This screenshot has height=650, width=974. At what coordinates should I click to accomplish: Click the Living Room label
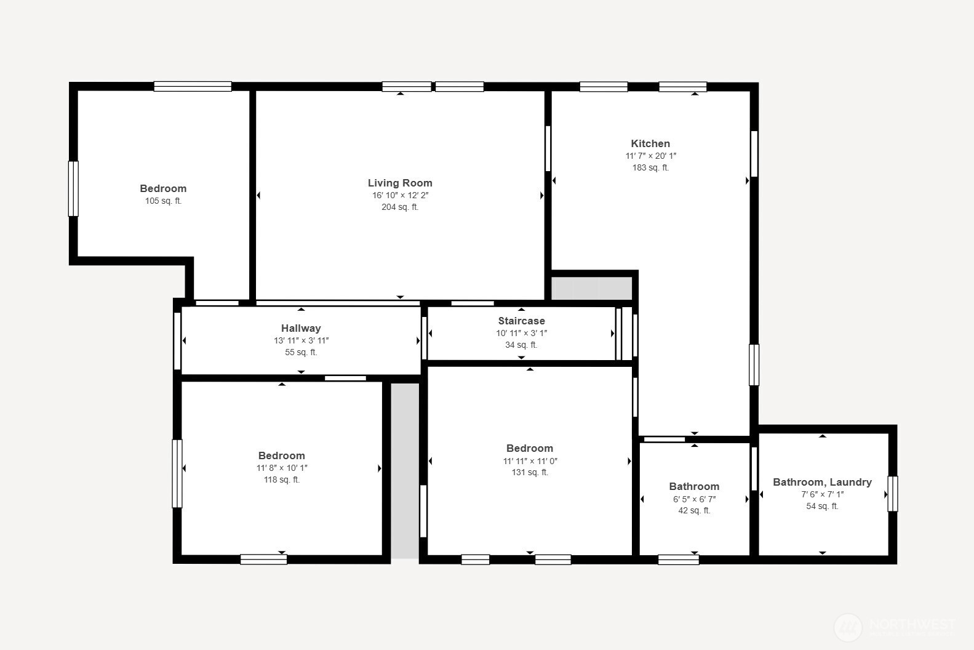tap(400, 183)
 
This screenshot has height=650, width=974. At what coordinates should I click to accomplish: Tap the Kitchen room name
tap(650, 143)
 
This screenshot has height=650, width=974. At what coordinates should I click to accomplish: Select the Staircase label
tap(521, 321)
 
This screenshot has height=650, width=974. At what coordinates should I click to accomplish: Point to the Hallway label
tap(301, 328)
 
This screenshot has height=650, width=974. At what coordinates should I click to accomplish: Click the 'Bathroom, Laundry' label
tap(822, 482)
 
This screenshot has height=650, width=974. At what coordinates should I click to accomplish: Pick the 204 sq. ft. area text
tap(400, 207)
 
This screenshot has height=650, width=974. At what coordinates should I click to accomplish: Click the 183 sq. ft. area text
tap(650, 167)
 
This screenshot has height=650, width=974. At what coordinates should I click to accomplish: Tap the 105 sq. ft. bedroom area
tap(163, 201)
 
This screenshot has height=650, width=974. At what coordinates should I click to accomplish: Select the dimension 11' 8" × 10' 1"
tap(282, 468)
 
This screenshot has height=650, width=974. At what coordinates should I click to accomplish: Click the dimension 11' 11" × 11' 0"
tap(530, 461)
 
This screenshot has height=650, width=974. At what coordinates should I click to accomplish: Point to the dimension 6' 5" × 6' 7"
tap(694, 499)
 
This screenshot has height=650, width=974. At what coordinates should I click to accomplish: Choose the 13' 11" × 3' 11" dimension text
tap(301, 340)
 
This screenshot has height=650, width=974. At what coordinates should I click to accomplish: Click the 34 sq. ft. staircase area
tap(521, 345)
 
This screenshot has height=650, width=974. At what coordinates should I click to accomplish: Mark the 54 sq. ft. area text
tap(822, 506)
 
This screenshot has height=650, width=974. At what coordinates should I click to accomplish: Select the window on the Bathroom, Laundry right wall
tap(892, 494)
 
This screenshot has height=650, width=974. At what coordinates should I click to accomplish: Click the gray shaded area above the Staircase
tap(591, 288)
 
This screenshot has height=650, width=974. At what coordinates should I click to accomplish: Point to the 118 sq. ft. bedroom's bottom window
tap(263, 559)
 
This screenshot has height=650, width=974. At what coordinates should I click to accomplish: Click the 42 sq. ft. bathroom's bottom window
tap(678, 560)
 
